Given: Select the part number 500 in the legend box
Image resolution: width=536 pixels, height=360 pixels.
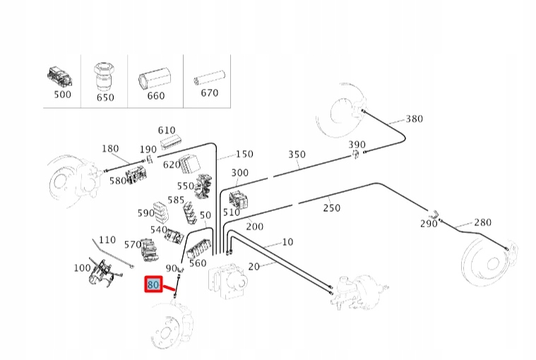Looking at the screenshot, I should tap(63, 95).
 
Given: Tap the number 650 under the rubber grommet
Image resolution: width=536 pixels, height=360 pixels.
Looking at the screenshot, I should tap(105, 97).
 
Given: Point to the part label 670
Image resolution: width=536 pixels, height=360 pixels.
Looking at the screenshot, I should tap(210, 92).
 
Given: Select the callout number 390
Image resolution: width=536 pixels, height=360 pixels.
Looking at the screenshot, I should tap(357, 145).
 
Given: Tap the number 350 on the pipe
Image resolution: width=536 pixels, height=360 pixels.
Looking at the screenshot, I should tap(297, 155).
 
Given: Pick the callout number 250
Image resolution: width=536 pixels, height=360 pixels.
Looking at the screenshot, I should tap(331, 208).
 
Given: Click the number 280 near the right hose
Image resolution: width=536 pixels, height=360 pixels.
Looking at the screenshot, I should tap(482, 222).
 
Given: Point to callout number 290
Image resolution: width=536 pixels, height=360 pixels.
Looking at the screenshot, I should tap(429, 224).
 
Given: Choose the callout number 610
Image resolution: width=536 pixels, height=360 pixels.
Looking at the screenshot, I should tap(167, 130).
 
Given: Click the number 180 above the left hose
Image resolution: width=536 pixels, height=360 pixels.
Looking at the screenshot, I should tap(111, 148).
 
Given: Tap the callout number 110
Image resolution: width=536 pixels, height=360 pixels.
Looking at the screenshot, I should tap(107, 240).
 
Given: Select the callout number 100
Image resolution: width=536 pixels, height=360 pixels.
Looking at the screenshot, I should tap(83, 268).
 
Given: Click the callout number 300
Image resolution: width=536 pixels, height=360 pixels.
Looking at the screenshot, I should tap(239, 173).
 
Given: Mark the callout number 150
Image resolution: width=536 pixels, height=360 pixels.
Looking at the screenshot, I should tap(244, 154).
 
